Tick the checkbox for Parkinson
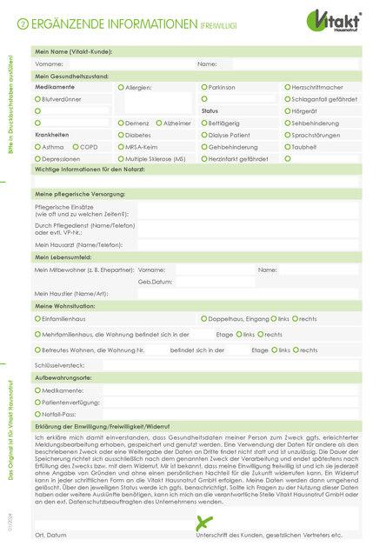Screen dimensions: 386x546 (204, 88)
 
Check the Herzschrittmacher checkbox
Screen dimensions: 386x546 (287, 88)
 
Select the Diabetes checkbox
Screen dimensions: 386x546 (121, 136)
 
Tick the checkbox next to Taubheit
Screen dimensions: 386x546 (287, 148)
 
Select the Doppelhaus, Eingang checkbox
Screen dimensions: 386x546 (204, 319)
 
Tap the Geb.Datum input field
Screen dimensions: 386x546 (209, 282)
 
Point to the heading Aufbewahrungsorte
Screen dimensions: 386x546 (63, 379)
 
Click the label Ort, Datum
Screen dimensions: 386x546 (50, 535)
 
